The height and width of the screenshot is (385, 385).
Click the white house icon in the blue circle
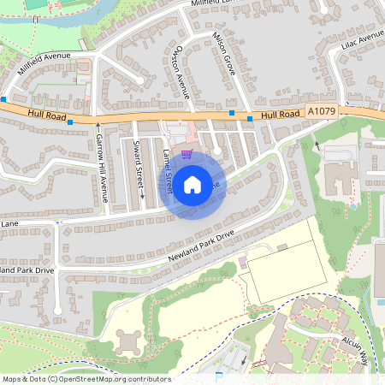click(x=192, y=183)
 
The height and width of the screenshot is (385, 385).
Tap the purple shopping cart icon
click(x=187, y=154)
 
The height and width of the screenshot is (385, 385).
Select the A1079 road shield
click(x=321, y=112)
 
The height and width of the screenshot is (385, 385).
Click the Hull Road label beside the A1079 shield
click(x=280, y=114)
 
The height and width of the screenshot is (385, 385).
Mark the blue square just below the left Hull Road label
click(x=71, y=121)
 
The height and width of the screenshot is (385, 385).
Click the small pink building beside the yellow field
click(x=242, y=260)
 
